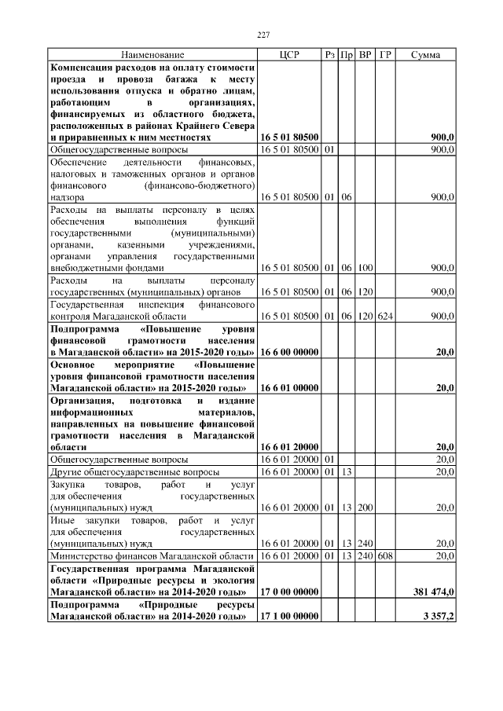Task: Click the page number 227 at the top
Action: coord(264,34)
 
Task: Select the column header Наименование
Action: coord(152,55)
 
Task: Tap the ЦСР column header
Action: coord(288,55)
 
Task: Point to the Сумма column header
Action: coord(425,55)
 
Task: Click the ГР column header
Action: coord(385,55)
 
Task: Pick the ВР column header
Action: coord(365,55)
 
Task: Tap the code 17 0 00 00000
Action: coord(288,591)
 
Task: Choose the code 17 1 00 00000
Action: coord(288,617)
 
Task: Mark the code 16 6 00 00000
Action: coord(288,353)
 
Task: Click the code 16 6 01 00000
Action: coord(288,387)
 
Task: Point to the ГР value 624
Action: coord(384,315)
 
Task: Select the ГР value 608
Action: coord(384,555)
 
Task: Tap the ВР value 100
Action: coord(365,268)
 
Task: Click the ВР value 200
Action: coord(365,508)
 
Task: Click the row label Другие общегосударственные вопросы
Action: coord(134,471)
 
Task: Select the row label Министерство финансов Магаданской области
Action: coord(151,555)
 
